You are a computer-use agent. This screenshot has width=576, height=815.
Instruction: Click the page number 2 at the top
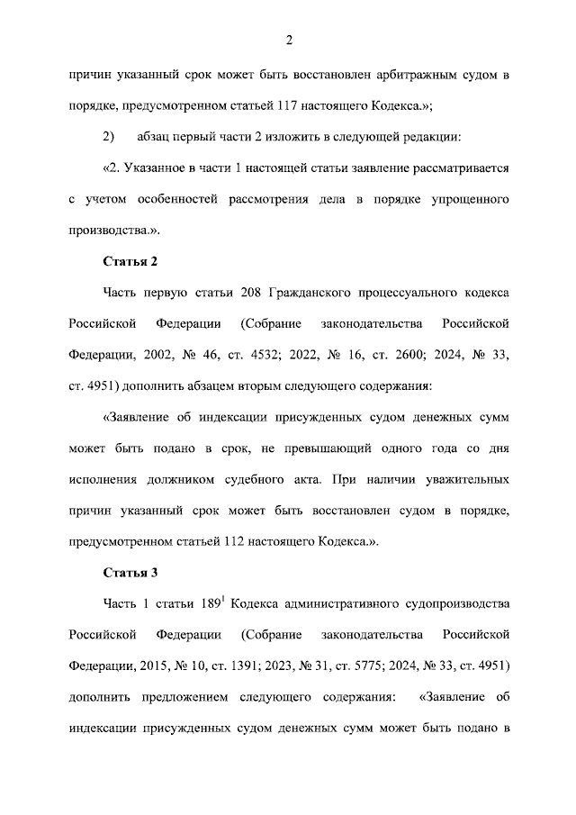(x=288, y=40)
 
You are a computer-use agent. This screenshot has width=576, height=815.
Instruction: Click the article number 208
(x=253, y=293)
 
